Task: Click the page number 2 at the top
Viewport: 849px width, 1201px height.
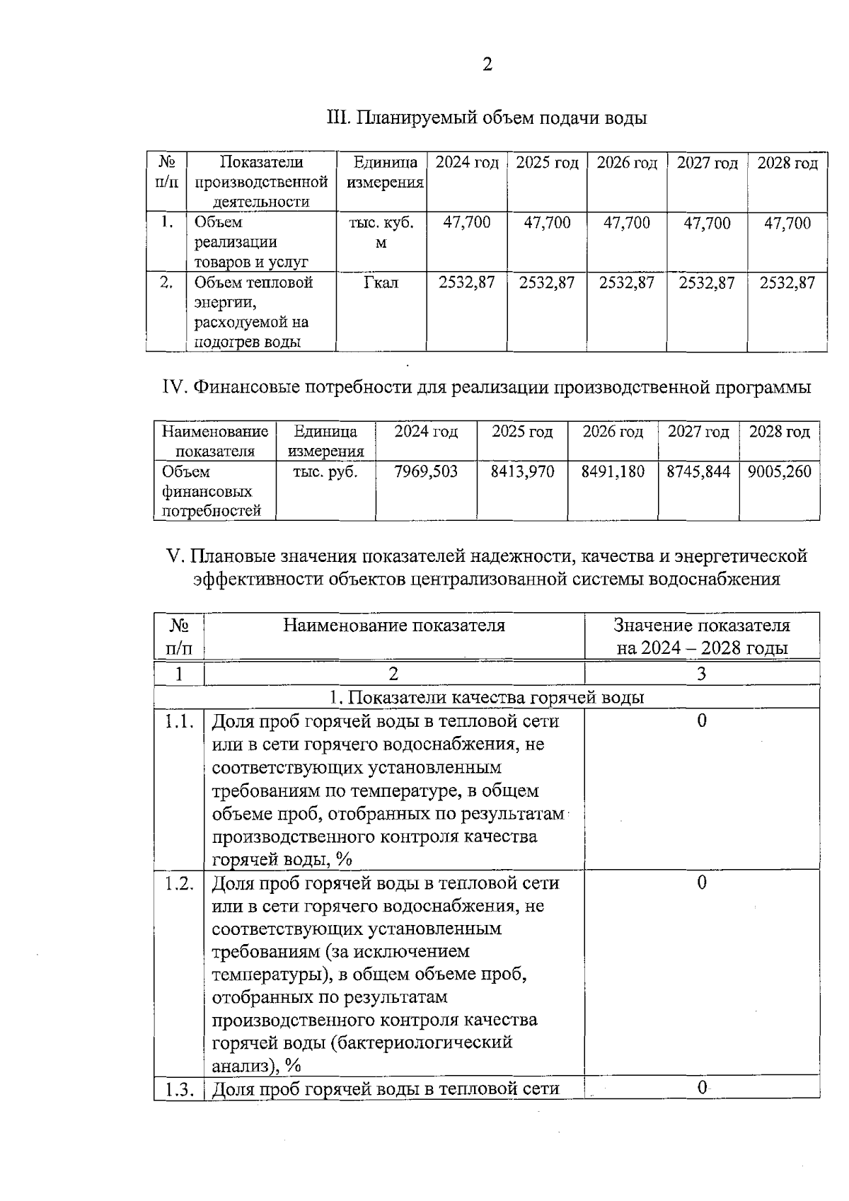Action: pos(487,65)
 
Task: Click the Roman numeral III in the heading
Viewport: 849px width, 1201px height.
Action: pos(337,117)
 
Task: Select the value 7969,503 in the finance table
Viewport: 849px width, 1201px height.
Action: pos(426,471)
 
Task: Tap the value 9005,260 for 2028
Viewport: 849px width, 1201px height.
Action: pos(779,471)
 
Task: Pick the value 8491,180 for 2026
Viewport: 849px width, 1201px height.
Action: pos(613,471)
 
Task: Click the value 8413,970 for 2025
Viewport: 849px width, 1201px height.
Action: pos(522,471)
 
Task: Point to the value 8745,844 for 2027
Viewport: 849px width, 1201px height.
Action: pos(698,471)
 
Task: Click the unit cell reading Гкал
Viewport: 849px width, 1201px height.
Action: pos(381,283)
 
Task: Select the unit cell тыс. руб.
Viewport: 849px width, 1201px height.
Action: pos(325,471)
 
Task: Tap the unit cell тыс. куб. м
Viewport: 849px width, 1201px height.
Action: pos(381,233)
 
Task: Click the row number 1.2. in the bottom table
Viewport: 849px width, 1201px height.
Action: pos(179,883)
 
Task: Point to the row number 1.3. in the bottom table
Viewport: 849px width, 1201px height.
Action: pos(179,1089)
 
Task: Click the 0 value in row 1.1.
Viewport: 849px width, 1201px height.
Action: pos(702,721)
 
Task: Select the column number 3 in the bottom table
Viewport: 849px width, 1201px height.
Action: pos(702,674)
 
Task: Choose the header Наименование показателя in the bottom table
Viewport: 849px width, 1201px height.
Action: pos(394,626)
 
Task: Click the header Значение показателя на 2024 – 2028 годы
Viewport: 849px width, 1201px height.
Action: pos(702,636)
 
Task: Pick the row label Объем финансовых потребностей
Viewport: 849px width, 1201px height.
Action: pos(211,491)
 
